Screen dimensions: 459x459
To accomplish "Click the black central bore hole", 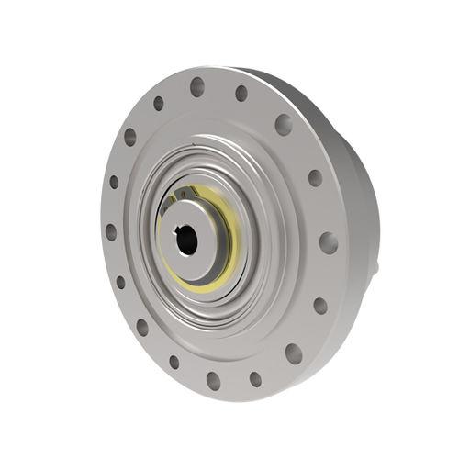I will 186,241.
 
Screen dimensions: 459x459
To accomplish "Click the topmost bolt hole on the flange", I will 197,86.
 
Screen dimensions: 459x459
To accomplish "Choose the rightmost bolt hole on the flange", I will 328,242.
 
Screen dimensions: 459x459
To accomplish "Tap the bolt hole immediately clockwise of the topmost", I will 241,93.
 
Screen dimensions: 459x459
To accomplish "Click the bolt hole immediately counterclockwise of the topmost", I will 159,103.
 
